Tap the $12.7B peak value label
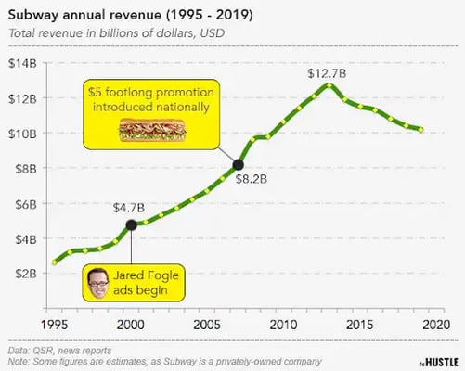[x=328, y=71]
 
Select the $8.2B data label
[x=250, y=179]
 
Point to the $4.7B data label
[x=130, y=207]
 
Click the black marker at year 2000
[x=131, y=224]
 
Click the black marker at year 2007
[x=238, y=165]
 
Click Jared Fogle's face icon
[x=98, y=282]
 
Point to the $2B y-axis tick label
[x=25, y=274]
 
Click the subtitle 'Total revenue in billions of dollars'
[x=116, y=34]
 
